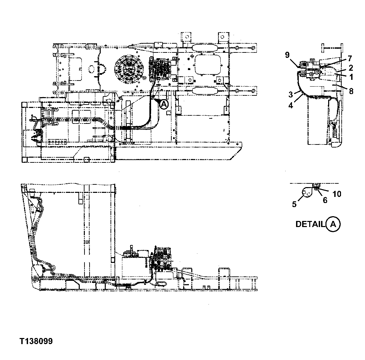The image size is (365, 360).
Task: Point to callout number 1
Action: (351, 77)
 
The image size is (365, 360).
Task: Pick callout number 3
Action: (290, 94)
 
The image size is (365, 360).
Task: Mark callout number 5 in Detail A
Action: (294, 204)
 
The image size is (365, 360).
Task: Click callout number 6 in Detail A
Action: (325, 200)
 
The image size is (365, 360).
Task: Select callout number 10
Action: (337, 194)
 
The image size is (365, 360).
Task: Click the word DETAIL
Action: (310, 224)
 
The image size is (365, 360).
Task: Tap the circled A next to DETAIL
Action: (333, 224)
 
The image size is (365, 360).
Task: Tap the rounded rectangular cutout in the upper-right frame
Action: (208, 65)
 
